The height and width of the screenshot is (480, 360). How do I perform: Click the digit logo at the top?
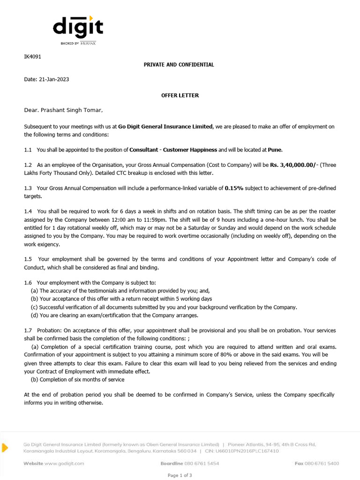point(78,28)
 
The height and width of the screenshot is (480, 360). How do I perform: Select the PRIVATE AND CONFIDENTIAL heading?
point(179,65)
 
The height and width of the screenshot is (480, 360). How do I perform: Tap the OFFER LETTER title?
point(180,95)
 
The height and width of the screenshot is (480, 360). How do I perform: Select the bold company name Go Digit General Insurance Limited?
point(165,127)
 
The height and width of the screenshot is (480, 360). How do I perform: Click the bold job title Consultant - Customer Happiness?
point(173,150)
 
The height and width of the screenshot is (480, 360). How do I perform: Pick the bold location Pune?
point(275,150)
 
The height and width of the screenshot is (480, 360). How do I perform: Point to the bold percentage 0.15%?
point(235,188)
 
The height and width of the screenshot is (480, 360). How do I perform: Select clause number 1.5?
point(28,259)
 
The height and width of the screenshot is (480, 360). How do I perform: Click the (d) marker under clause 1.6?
point(34,315)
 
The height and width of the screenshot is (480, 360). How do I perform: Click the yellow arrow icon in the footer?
point(5,448)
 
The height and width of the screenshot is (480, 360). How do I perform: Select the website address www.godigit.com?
point(64,463)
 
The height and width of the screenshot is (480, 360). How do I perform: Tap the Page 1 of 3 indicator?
point(180,475)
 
